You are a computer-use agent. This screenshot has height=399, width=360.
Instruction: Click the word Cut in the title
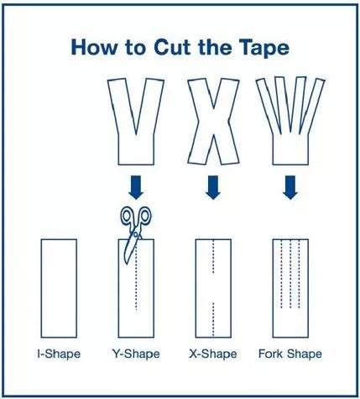point(172,47)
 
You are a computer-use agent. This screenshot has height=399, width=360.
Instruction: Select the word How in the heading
point(94,47)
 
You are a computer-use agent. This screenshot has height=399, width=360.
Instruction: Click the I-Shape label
point(59,354)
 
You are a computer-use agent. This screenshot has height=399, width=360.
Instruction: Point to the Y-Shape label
point(136,354)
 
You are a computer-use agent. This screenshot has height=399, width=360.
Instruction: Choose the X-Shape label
point(213,354)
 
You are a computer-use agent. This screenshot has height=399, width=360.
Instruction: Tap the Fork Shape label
point(290,354)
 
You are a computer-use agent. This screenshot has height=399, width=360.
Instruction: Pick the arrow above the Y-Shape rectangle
point(136,187)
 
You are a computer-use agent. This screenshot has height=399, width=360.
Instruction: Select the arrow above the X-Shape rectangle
point(213,187)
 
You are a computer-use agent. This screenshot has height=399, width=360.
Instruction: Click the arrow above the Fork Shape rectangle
point(290,187)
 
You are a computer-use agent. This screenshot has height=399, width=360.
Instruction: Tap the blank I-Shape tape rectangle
point(59,288)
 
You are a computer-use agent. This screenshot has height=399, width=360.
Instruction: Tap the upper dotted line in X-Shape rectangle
point(213,256)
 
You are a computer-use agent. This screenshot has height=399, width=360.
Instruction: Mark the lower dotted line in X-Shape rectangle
point(213,320)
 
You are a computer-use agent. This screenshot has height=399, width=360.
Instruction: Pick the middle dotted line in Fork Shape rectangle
point(290,274)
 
